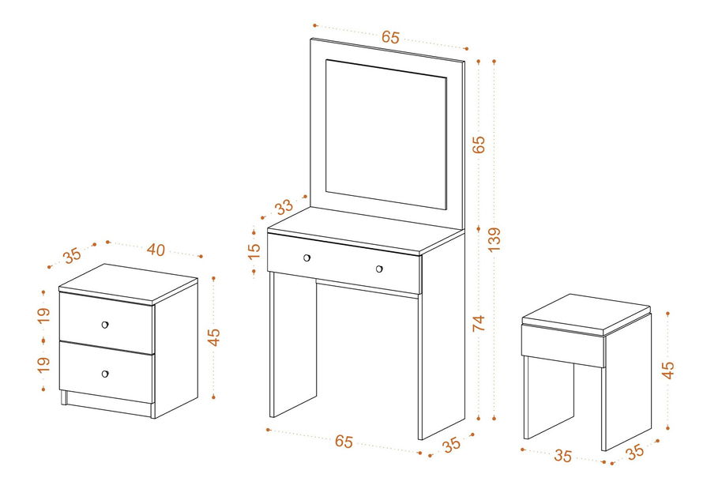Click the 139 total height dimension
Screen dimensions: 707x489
coord(495,239)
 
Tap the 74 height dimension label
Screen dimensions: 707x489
coord(479,323)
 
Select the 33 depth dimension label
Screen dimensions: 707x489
coord(284,208)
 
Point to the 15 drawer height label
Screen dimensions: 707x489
coord(254,250)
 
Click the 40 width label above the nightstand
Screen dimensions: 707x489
coord(156,250)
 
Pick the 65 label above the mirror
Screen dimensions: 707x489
coord(390,37)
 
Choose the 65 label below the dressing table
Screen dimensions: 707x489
coord(344,442)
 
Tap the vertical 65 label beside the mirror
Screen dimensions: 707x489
coord(479,145)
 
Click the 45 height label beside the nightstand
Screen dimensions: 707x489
coord(214,337)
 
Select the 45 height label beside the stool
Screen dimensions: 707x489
coord(668,370)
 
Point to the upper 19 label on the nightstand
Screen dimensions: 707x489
coord(43,315)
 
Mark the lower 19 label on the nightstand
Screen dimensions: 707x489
coord(43,364)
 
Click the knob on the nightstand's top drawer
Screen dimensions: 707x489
coord(105,325)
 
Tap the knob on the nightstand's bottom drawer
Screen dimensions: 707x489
coord(105,374)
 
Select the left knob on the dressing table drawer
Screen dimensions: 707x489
coord(306,258)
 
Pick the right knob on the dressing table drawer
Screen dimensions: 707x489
coord(379,269)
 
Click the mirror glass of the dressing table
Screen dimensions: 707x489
coord(386,134)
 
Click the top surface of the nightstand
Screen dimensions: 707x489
coord(128,282)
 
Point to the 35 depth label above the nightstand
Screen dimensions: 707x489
coord(72,255)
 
